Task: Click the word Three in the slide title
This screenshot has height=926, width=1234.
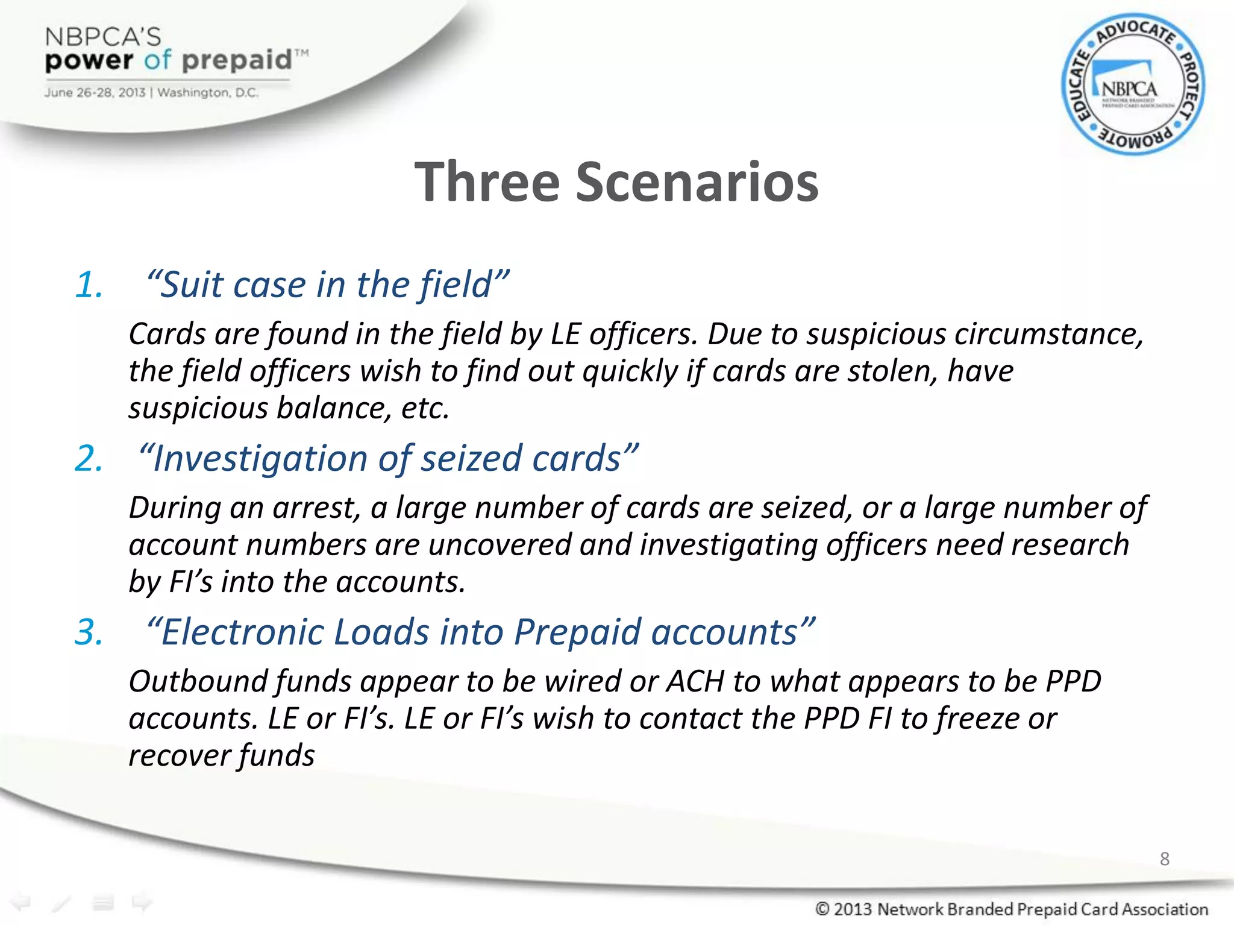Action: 487,182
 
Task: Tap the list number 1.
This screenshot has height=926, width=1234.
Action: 89,285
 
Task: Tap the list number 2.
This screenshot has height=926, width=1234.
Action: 89,458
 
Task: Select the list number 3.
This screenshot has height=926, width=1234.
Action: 89,632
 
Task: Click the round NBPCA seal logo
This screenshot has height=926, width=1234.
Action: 1133,85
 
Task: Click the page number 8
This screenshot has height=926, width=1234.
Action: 1164,858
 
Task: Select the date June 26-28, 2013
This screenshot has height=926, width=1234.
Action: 95,93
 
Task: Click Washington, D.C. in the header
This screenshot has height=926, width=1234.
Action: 208,93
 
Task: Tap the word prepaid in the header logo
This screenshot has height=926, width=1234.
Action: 237,60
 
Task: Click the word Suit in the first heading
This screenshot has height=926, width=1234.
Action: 192,285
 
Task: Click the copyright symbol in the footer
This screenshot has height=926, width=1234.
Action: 822,909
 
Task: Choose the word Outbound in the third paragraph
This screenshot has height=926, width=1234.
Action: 198,682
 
